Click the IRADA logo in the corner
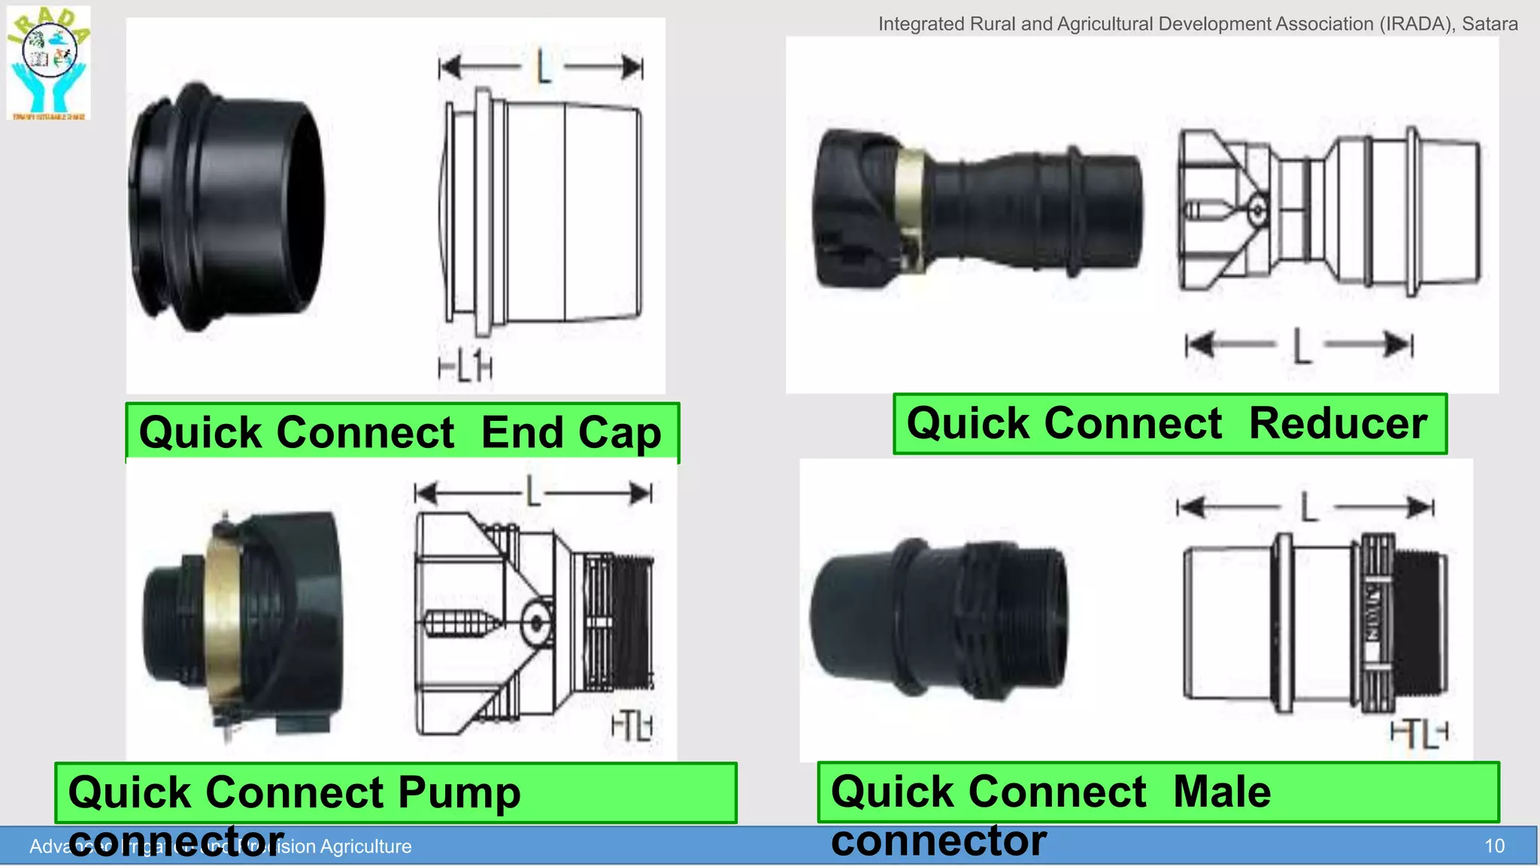click(x=49, y=63)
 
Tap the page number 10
click(x=1494, y=846)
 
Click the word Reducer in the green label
click(x=1338, y=423)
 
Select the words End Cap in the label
click(x=571, y=433)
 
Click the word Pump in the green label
click(x=459, y=792)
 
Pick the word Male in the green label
click(x=1222, y=792)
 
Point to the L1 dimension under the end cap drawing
click(x=465, y=368)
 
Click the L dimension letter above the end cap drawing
click(x=543, y=68)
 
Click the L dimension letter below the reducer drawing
click(x=1302, y=346)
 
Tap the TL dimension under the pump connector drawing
click(x=632, y=726)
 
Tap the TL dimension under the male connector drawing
click(x=1419, y=733)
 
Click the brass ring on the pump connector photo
click(x=223, y=616)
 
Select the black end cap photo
click(x=226, y=207)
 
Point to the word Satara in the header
click(x=1489, y=24)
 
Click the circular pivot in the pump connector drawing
click(x=536, y=622)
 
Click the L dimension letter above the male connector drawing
click(x=1308, y=507)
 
